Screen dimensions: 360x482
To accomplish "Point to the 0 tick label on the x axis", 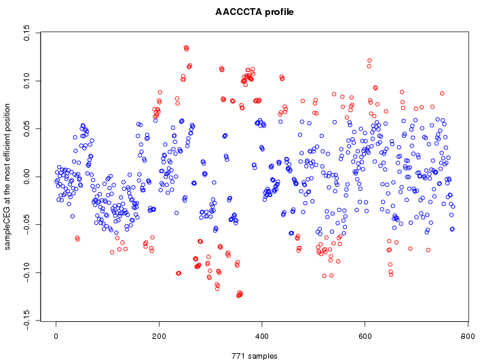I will [56, 335].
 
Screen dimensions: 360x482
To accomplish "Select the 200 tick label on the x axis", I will [159, 335].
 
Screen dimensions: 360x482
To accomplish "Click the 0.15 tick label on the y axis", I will [27, 33].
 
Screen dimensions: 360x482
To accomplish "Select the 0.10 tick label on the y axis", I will [27, 81].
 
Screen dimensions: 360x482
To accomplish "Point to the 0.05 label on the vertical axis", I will [27, 129].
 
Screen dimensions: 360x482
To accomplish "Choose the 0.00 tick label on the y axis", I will [27, 177].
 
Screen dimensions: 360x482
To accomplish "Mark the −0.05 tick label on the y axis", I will [27, 223].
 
